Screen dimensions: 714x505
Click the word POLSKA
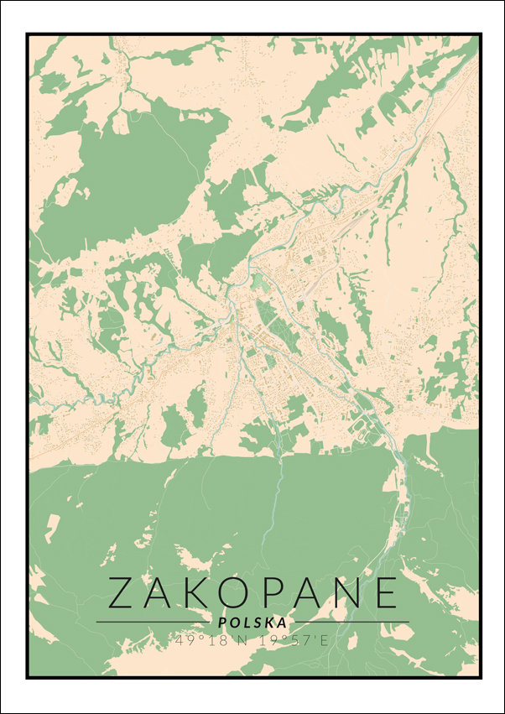tap(252, 623)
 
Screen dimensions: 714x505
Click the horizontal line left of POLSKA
tap(151, 623)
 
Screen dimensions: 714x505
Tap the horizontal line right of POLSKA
tap(352, 623)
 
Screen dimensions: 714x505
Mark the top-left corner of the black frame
tap(28, 34)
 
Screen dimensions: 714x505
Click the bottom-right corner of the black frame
tap(481, 676)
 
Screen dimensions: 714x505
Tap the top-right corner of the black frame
tap(481, 34)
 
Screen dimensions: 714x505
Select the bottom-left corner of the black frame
tap(28, 676)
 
